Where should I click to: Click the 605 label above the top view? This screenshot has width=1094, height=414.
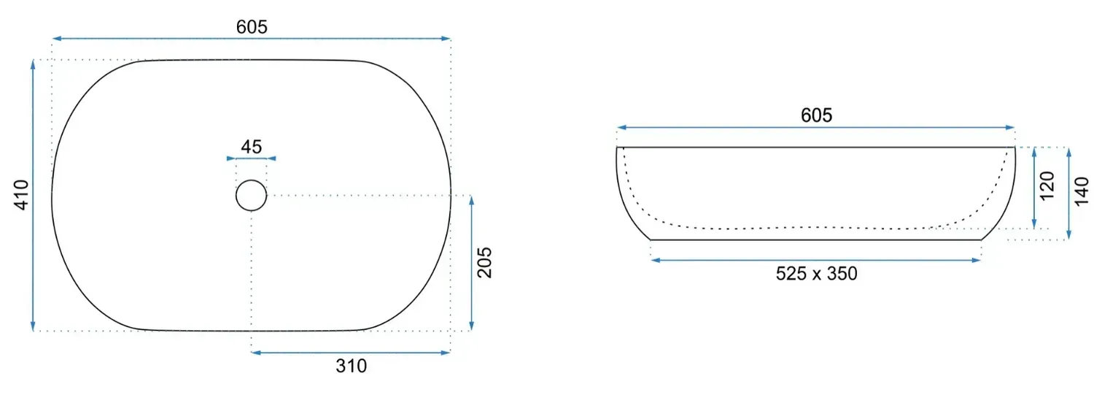[252, 27]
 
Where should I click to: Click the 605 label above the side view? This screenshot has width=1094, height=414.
[816, 115]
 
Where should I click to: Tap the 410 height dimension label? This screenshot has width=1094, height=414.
[21, 195]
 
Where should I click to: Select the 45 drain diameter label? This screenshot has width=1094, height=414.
[252, 147]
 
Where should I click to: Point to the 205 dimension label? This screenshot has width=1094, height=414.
[484, 262]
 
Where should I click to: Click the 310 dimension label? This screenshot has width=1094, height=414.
[351, 366]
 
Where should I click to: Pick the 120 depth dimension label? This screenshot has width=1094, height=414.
[1047, 185]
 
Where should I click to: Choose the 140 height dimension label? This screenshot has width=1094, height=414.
[1082, 191]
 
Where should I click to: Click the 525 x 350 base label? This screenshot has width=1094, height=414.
[816, 273]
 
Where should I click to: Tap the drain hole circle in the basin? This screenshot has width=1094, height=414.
[251, 180]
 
